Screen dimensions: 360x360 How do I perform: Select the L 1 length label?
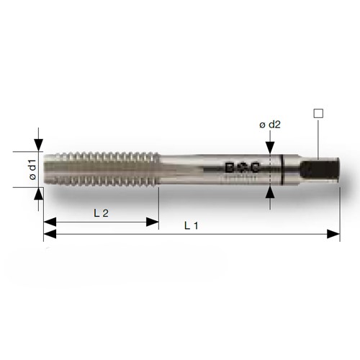coord(191,225)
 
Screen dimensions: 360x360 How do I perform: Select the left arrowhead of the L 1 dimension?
coord(49,234)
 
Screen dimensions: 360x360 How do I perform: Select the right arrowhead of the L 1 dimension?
coord(334,234)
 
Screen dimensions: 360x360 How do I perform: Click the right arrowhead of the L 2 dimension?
coord(153,221)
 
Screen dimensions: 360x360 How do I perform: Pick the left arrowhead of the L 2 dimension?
coord(49,221)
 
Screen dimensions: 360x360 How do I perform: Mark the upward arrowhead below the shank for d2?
coord(271,191)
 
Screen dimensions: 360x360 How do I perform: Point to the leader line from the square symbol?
coord(317,137)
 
